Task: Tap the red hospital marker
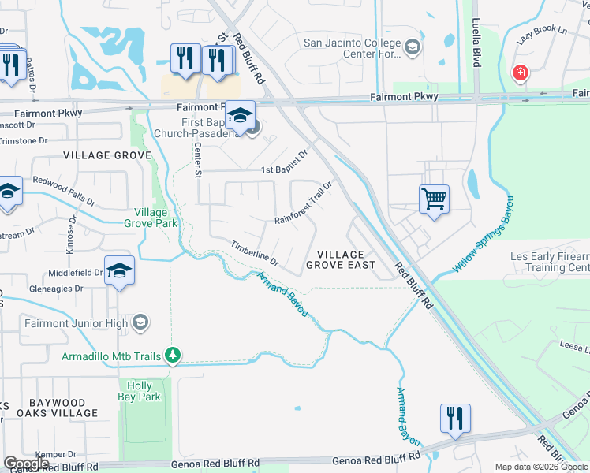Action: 520,74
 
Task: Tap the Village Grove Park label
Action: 151,218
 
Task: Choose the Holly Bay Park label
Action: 140,392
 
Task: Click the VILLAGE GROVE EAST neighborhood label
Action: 340,260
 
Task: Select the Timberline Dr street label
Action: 255,252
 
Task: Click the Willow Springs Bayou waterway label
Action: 484,234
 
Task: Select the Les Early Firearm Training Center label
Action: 550,263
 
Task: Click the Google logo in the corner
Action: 27,463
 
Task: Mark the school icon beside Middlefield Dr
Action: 119,270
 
